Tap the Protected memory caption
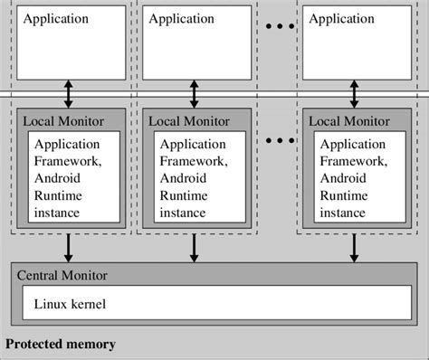(x=61, y=345)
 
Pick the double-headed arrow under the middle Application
(x=195, y=93)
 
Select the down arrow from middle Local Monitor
(x=195, y=247)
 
